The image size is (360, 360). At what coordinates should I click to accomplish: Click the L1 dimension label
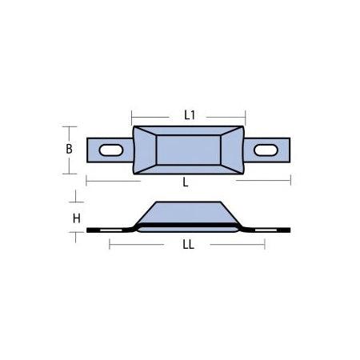(189, 115)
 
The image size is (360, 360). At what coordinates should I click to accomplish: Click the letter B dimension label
(70, 149)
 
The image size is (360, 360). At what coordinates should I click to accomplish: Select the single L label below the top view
(186, 182)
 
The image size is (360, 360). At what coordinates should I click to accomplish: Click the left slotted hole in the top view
(109, 149)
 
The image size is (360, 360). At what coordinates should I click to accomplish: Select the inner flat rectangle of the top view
(186, 150)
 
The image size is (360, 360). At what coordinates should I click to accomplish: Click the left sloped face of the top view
(144, 150)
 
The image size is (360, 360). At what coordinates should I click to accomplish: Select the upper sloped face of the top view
(186, 131)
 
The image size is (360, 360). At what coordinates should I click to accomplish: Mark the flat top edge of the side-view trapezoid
(187, 202)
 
